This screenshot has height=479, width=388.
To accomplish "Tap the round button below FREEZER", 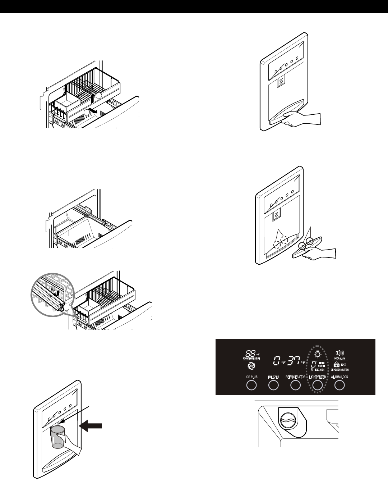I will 273,386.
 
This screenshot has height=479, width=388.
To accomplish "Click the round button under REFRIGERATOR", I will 295,386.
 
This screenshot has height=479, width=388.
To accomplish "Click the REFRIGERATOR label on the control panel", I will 295,377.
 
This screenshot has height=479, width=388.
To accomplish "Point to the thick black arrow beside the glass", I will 92,426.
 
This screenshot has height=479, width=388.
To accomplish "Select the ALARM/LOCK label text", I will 339,377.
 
